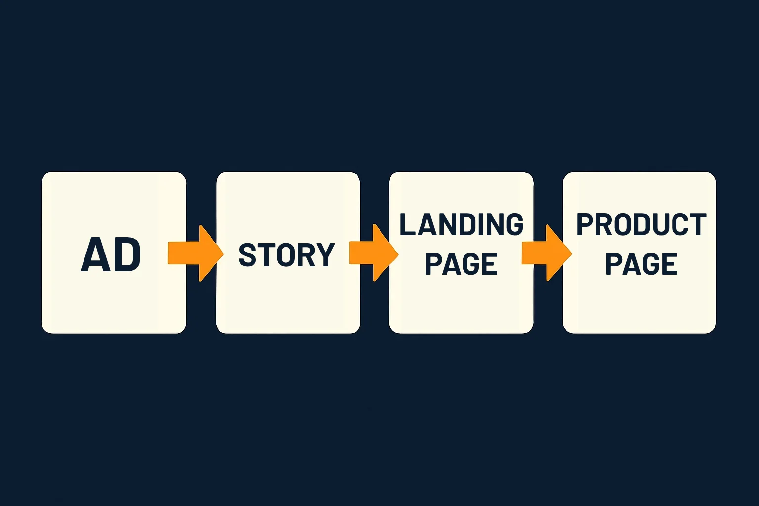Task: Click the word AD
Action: tap(111, 254)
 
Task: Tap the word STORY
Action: tap(286, 254)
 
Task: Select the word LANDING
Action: tap(462, 224)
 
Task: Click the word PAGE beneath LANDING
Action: tap(462, 264)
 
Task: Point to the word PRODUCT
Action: tap(641, 224)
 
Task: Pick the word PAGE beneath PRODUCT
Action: tap(641, 264)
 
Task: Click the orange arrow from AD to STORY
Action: tap(196, 253)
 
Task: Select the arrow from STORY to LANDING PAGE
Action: tap(374, 253)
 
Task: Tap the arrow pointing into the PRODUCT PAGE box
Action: tap(547, 253)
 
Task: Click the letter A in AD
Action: tap(96, 254)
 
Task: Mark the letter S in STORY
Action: tap(247, 254)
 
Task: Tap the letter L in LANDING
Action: tap(408, 224)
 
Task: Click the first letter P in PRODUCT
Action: tap(585, 224)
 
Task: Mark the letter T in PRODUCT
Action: tap(698, 224)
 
